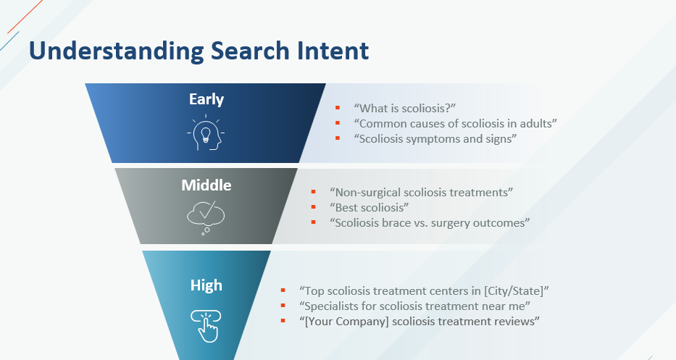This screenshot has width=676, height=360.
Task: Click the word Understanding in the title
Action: click(116, 51)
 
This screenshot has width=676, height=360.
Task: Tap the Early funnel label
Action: click(206, 99)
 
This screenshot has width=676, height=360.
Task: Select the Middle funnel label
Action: click(206, 185)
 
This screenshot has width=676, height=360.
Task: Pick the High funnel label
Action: click(206, 285)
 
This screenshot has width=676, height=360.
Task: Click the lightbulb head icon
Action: click(206, 133)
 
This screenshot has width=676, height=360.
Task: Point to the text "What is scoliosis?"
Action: click(405, 108)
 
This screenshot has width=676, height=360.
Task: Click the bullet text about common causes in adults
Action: click(455, 124)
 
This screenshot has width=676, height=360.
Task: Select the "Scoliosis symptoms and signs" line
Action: click(435, 139)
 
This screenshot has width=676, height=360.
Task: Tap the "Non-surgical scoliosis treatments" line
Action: click(421, 192)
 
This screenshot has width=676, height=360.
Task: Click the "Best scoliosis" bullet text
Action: click(369, 207)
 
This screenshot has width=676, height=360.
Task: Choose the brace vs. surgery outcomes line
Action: click(430, 223)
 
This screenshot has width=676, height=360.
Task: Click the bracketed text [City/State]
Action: click(514, 291)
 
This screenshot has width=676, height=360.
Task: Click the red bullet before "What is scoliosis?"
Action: click(338, 108)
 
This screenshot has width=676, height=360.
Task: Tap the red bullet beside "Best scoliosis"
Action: click(314, 207)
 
